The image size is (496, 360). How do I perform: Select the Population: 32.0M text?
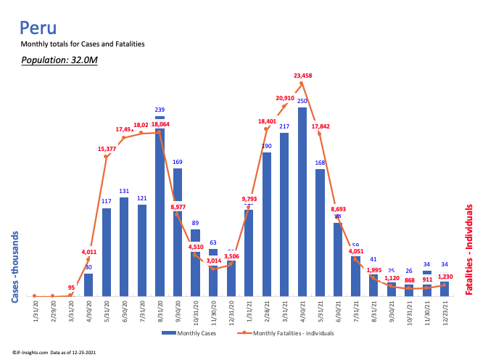pyautogui.click(x=59, y=60)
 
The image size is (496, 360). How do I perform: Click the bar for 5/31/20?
pyautogui.click(x=107, y=252)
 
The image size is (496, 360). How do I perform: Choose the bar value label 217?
pyautogui.click(x=284, y=126)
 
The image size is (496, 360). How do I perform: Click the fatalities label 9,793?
pyautogui.click(x=249, y=198)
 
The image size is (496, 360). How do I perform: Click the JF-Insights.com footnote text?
pyautogui.click(x=52, y=352)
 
